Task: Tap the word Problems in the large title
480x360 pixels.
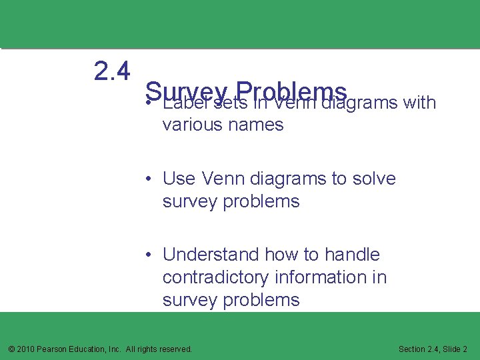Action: coord(291,91)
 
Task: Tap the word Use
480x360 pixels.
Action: coord(178,179)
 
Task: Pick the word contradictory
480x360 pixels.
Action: coord(218,277)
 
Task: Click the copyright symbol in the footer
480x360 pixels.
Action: coord(11,349)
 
